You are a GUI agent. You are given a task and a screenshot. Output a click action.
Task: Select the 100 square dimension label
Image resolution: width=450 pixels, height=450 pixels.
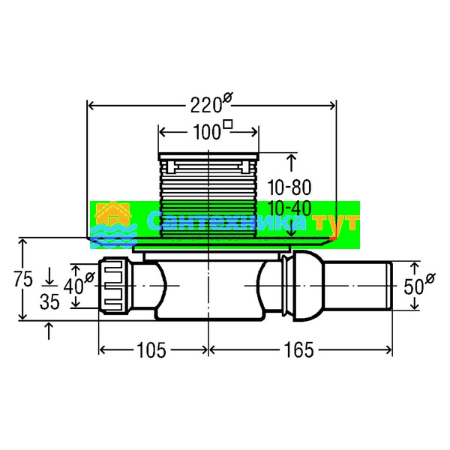[212, 130]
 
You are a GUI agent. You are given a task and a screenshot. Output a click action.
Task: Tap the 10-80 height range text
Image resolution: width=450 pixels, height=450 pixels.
[289, 187]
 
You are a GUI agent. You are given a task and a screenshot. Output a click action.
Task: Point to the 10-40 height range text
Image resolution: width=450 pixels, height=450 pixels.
[289, 208]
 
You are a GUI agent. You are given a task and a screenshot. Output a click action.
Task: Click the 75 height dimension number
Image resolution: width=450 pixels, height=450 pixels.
[23, 279]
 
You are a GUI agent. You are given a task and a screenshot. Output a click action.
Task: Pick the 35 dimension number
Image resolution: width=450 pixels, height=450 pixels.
[49, 301]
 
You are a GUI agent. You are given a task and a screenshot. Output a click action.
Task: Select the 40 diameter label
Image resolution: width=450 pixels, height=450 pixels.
[79, 283]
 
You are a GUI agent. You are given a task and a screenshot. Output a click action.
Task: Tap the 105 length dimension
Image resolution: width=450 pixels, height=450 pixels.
[151, 350]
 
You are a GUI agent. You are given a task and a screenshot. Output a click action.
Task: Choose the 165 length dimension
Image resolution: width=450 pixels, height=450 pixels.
[298, 350]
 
